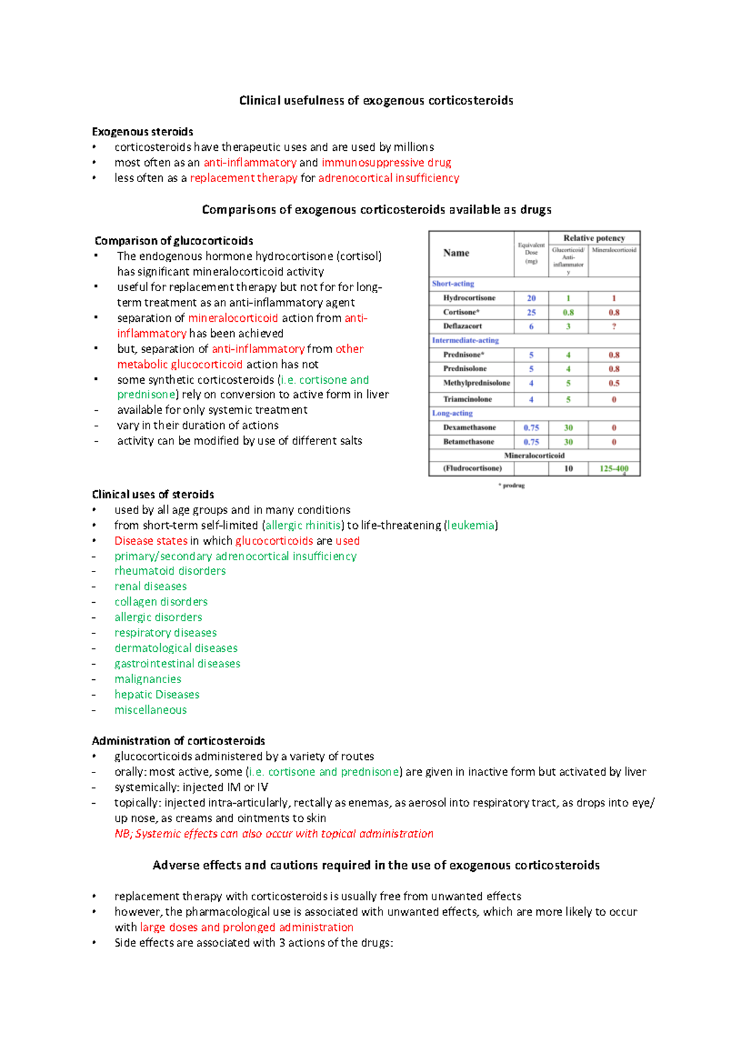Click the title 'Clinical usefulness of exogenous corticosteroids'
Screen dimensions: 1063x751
point(376,101)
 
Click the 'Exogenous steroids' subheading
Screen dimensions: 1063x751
point(142,131)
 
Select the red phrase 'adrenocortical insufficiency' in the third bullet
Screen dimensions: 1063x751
point(389,178)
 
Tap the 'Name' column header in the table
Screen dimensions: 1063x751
point(456,253)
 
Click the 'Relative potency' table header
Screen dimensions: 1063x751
point(594,238)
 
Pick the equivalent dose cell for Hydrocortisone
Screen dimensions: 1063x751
point(531,299)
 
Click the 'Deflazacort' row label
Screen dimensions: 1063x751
point(462,326)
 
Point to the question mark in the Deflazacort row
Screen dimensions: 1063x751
point(614,326)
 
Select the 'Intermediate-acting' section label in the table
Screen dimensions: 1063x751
point(465,341)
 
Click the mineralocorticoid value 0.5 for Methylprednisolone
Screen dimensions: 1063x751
point(614,383)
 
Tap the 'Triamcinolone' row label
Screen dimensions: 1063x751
point(467,399)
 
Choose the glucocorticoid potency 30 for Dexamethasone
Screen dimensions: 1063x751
point(568,428)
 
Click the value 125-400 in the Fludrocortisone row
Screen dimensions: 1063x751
point(614,468)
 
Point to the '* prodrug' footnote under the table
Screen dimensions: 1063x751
point(511,485)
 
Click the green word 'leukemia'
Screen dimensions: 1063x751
point(471,525)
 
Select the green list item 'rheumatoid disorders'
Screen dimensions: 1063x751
point(170,571)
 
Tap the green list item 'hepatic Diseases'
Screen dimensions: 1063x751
point(156,694)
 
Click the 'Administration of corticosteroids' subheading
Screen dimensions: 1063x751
point(178,741)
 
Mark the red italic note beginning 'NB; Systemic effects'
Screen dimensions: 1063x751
point(273,834)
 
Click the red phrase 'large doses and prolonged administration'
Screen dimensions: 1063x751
point(247,927)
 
